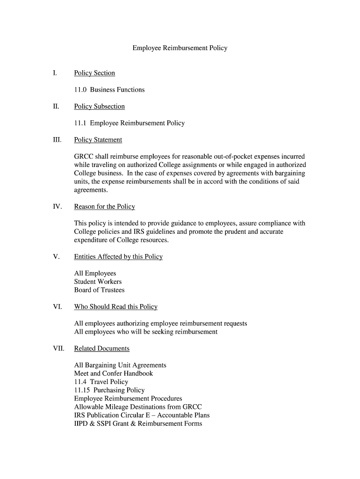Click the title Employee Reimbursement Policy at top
(180, 48)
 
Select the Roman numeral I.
(55, 73)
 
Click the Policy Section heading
(94, 73)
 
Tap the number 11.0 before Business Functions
(80, 90)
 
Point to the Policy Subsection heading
(100, 107)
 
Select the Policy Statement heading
(98, 140)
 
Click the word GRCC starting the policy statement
(84, 157)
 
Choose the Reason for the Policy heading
(104, 207)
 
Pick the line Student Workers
(98, 282)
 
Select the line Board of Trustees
(99, 290)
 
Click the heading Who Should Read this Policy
(115, 307)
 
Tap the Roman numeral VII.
(58, 348)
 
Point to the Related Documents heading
(101, 348)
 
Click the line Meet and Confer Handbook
(113, 373)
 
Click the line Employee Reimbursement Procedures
(128, 399)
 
